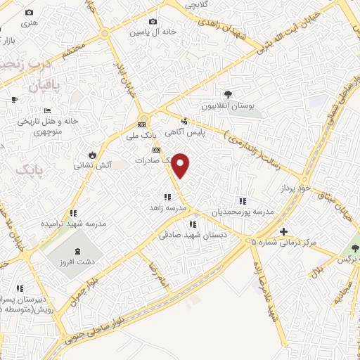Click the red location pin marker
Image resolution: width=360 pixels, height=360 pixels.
tap(181, 165)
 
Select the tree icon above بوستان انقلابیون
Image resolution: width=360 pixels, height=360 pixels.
tap(227, 94)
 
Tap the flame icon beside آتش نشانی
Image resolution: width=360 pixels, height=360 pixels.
tap(92, 155)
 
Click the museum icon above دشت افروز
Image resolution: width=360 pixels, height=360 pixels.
tap(76, 252)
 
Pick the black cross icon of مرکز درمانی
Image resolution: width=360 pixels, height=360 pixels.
tap(283, 231)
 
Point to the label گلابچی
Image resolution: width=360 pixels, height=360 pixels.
tap(198, 4)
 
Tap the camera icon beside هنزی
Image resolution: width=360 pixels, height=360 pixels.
tap(29, 13)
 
